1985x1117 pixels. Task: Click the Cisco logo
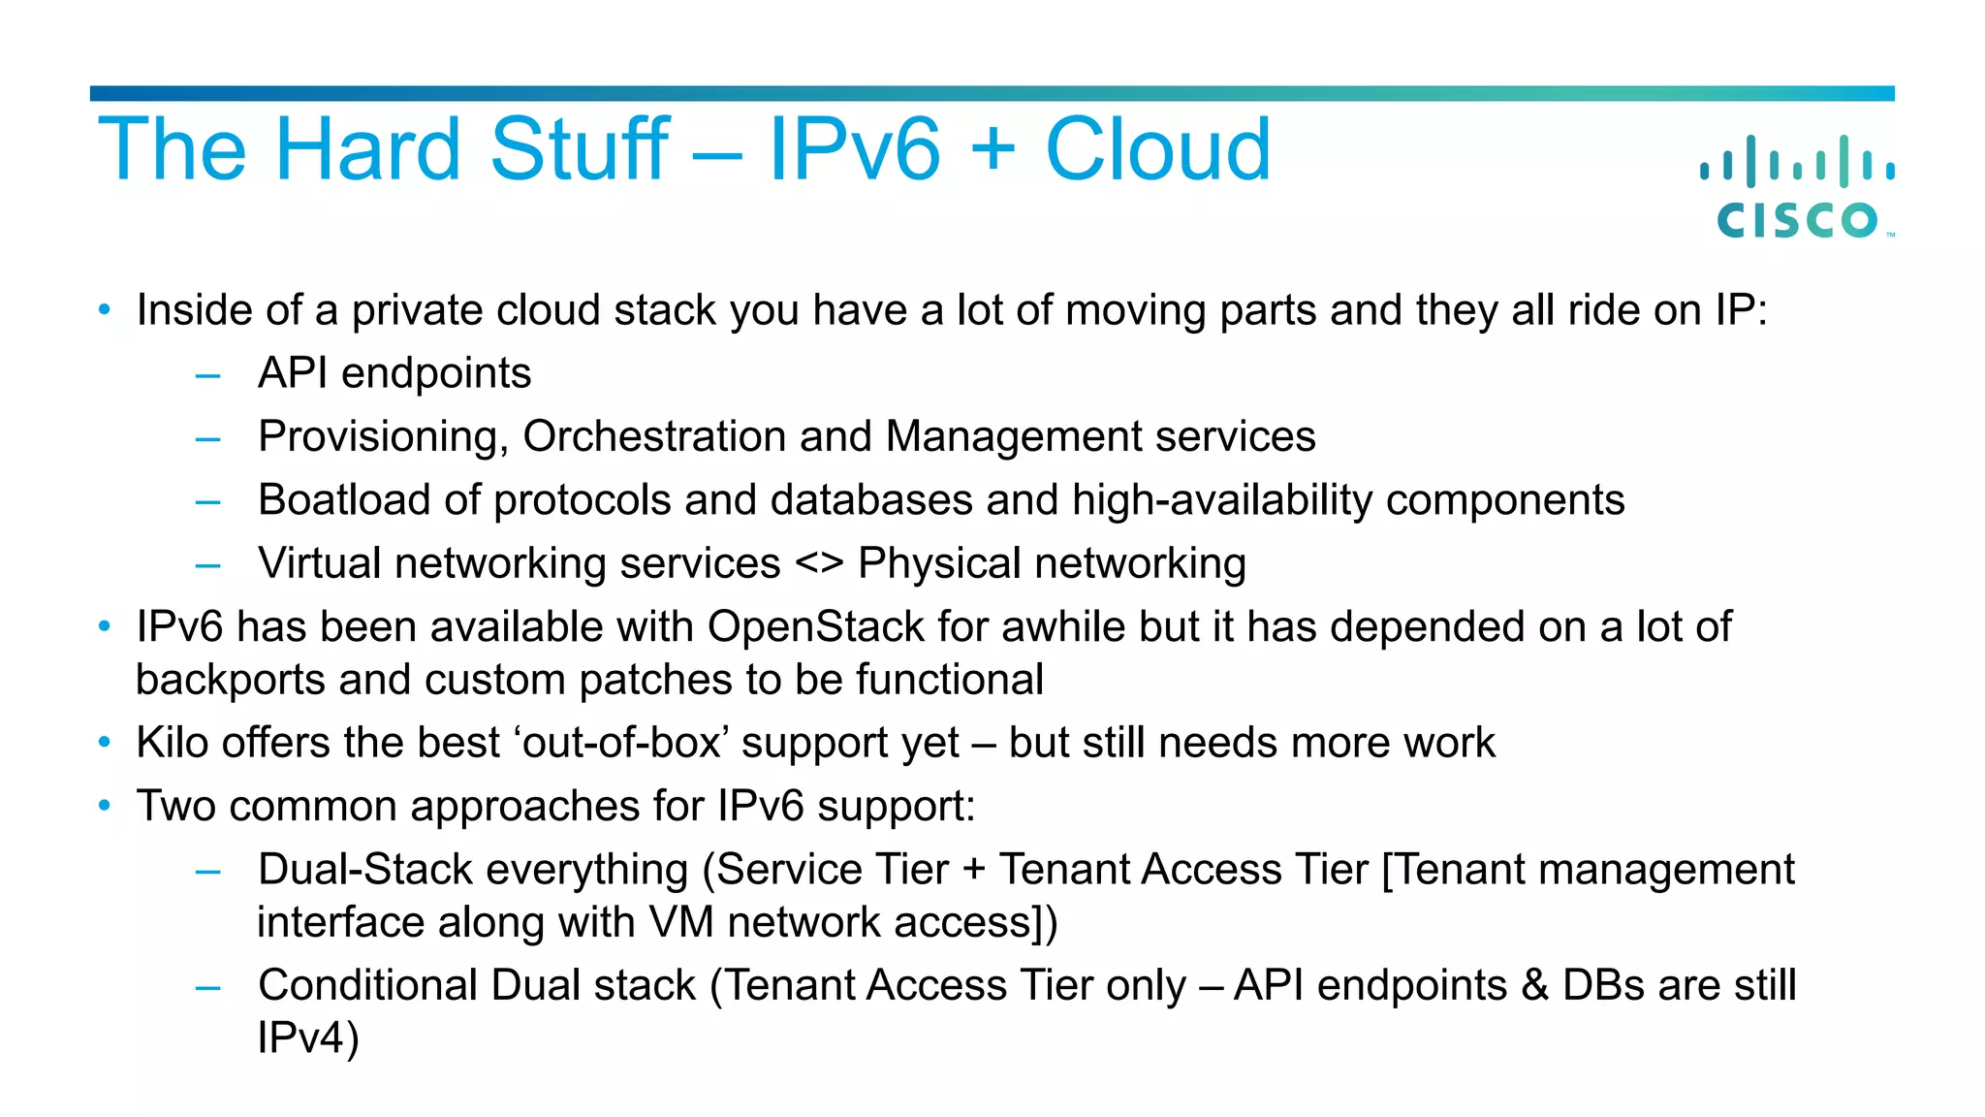(x=1798, y=189)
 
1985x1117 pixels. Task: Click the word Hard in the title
(x=367, y=149)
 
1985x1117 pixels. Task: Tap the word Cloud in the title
(x=1157, y=149)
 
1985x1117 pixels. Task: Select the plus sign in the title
(x=992, y=151)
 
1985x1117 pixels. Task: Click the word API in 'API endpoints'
(x=292, y=373)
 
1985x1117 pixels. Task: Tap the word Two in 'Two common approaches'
(x=175, y=806)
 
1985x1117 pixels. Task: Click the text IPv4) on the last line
(x=308, y=1038)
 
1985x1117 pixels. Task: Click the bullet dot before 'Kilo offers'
(x=105, y=743)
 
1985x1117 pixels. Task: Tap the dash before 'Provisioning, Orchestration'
(x=207, y=438)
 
